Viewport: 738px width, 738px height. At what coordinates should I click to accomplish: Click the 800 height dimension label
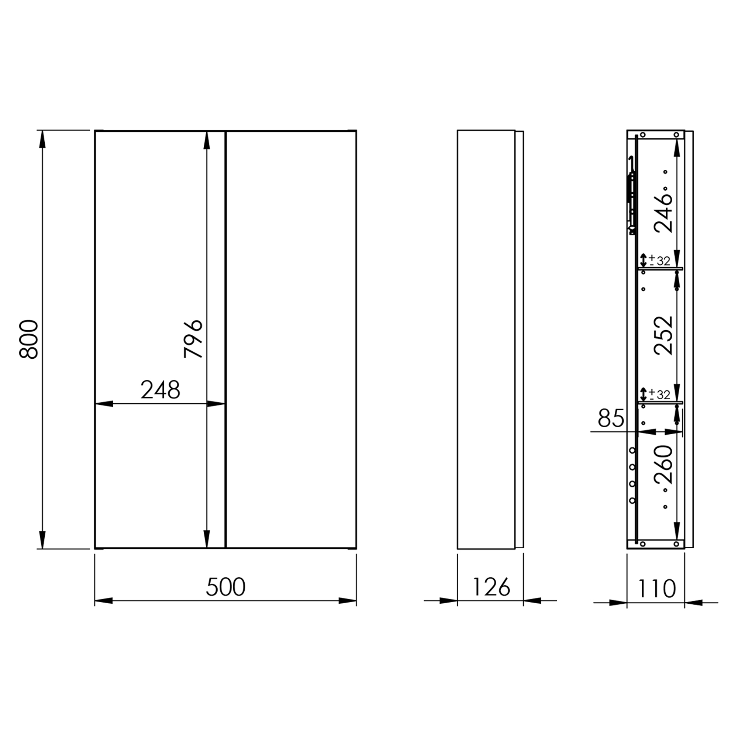29,339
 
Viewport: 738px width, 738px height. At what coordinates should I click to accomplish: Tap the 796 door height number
193,339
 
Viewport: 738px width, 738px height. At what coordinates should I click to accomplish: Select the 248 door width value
160,390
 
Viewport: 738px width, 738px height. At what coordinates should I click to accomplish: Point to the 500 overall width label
225,587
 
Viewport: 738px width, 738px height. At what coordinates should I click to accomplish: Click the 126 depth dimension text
491,587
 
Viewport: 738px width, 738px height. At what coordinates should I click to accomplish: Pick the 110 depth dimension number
656,589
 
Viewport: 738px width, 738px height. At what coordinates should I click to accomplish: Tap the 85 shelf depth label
611,418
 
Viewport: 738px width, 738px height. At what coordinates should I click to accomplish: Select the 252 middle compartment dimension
663,335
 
